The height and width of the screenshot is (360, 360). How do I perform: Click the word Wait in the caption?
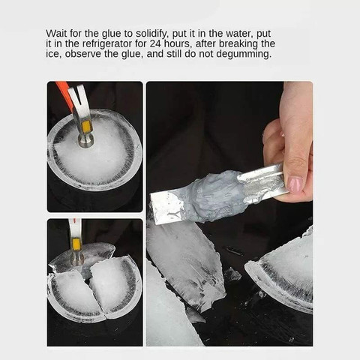pyautogui.click(x=58, y=34)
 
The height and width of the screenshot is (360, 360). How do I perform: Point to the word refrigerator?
pyautogui.click(x=96, y=43)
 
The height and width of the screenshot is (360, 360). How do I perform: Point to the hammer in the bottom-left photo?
pyautogui.click(x=76, y=238)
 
